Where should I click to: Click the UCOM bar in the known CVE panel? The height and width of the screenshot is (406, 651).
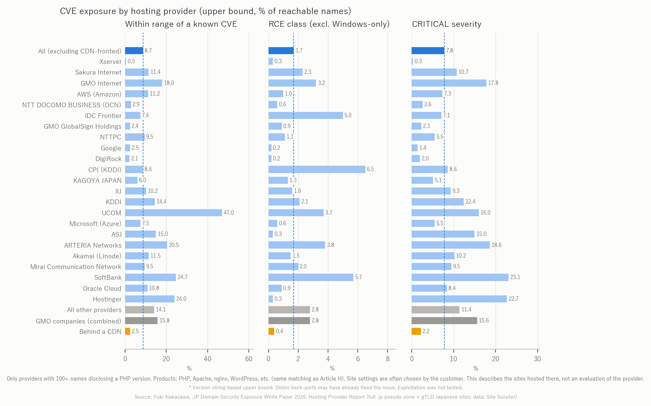[x=174, y=213]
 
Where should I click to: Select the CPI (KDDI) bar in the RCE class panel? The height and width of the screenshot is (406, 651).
[x=317, y=169]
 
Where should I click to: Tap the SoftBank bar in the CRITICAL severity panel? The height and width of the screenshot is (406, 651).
[x=460, y=277]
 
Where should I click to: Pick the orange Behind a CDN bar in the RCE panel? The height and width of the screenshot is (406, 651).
[x=272, y=331]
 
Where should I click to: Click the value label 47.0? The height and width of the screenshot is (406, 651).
[x=229, y=213]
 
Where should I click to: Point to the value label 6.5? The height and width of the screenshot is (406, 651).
[x=370, y=169]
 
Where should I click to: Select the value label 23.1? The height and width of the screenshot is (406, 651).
[x=515, y=277]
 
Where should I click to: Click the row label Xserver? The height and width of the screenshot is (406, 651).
[x=110, y=61]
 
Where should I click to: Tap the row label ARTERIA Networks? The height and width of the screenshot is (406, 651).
[x=93, y=245]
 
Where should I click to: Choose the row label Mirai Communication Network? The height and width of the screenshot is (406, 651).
[x=76, y=267]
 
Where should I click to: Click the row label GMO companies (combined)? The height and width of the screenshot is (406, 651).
[x=79, y=321]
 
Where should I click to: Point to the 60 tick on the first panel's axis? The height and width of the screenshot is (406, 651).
[x=249, y=359]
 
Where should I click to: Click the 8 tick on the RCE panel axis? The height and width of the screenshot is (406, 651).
[x=388, y=359]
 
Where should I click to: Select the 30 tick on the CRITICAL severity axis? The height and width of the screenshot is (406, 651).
[x=537, y=359]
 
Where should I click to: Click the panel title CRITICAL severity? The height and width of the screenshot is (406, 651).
[x=447, y=24]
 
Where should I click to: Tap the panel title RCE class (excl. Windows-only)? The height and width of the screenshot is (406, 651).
[x=329, y=24]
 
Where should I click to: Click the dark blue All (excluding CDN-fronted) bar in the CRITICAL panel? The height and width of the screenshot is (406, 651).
[x=428, y=50]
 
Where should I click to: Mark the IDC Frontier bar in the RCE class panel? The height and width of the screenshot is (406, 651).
[x=306, y=115]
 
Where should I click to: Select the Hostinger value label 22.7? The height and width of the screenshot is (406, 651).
[x=514, y=299]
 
